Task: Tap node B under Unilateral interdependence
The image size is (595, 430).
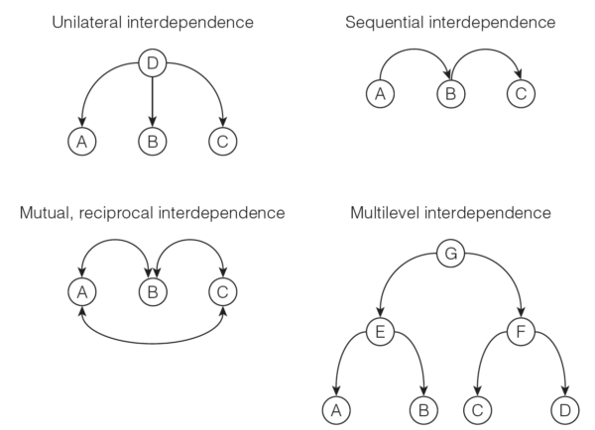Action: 151,142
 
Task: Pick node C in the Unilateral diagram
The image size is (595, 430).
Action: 221,142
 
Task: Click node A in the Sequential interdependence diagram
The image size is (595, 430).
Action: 378,96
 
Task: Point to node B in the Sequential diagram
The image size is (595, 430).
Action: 449,96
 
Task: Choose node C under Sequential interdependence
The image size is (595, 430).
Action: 521,96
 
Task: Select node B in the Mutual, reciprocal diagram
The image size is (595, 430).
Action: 151,291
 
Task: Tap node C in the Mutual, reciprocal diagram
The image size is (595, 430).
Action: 221,291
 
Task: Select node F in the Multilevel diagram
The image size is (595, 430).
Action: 523,332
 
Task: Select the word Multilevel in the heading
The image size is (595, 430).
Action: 398,212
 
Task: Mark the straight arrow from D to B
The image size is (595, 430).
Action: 151,104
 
